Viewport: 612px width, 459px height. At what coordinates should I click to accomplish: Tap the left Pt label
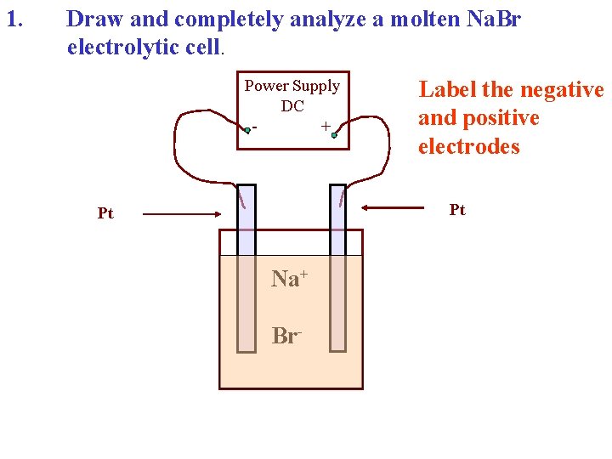coord(105,214)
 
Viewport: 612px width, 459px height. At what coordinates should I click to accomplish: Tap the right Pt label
coord(457,210)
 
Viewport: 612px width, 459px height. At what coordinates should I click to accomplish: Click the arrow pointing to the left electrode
coord(178,214)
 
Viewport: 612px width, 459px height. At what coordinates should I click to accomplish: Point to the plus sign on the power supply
coord(326,126)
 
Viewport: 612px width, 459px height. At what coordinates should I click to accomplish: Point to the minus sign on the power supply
coord(255,128)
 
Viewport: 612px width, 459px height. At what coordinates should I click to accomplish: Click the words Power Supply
coord(292,86)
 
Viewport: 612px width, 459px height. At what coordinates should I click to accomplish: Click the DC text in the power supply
coord(292,105)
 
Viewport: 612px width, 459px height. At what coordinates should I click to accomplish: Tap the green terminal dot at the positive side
coord(335,134)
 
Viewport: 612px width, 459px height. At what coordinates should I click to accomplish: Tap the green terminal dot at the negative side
coord(246,131)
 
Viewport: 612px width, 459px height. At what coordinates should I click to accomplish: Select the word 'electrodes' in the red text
coord(468,146)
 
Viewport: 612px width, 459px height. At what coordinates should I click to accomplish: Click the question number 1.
coord(14,18)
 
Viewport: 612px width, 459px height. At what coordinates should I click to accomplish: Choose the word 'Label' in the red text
coord(448,89)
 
